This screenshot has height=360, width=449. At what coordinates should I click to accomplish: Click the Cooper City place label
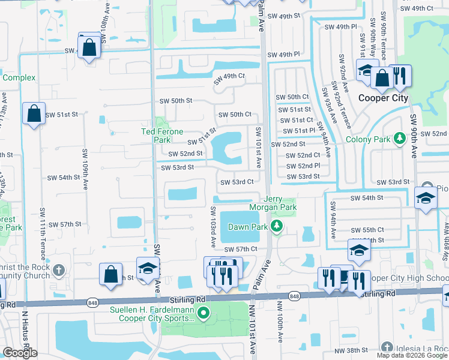[x=383, y=98]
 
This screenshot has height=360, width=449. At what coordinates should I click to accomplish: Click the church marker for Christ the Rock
[x=58, y=268]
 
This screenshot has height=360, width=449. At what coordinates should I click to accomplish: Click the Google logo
[x=20, y=353]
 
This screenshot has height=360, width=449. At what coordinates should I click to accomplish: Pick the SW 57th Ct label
[x=241, y=249]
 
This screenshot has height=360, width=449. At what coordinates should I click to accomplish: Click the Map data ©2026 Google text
[x=412, y=355]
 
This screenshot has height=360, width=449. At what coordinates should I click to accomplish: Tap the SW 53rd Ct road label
[x=237, y=182]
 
